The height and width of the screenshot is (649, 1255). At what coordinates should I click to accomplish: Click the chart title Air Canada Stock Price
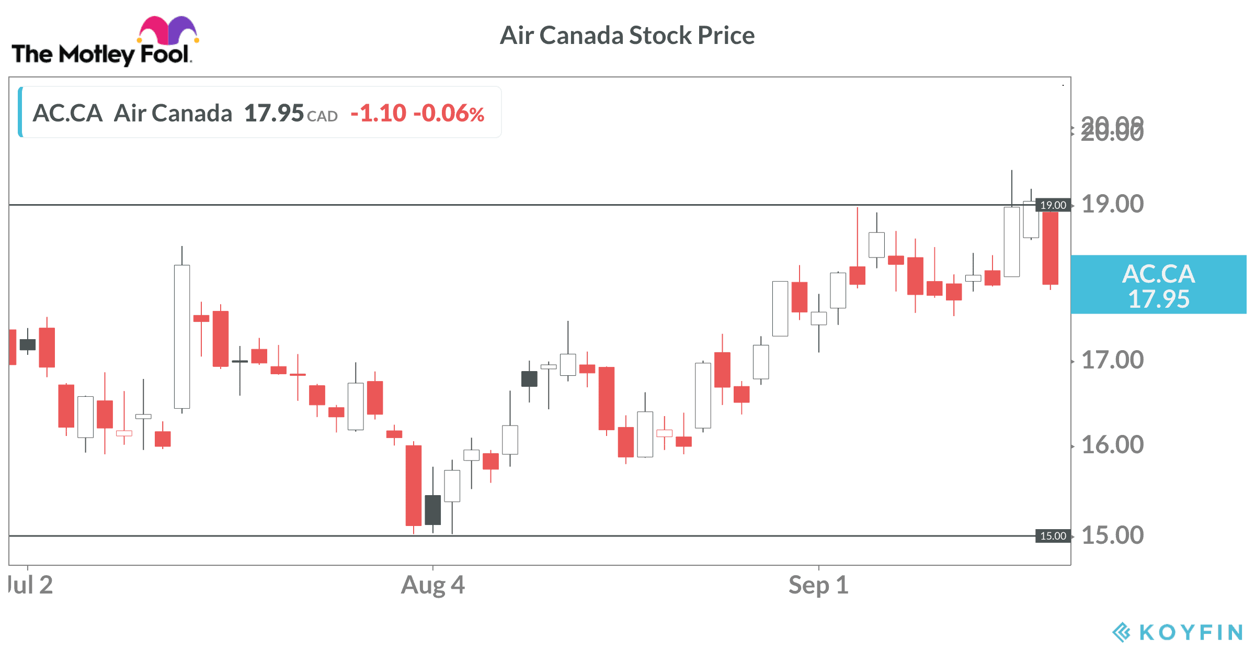(627, 36)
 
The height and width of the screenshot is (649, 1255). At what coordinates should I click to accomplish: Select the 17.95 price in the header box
(273, 113)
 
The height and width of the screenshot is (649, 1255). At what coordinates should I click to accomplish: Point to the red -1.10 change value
(378, 113)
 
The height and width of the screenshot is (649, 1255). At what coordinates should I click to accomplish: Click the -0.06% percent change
(449, 113)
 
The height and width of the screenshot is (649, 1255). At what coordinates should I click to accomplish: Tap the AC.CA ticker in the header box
(67, 113)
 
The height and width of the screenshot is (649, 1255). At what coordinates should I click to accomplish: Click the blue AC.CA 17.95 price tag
(1158, 285)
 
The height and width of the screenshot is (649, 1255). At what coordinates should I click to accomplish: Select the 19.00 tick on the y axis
(1112, 204)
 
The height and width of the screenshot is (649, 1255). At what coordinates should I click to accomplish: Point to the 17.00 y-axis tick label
(1112, 360)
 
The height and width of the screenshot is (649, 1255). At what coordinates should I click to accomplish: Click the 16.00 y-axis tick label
(1112, 445)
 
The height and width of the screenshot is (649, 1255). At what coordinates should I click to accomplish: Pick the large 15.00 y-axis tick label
(1112, 535)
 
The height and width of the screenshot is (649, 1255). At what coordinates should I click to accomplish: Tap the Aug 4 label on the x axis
(432, 585)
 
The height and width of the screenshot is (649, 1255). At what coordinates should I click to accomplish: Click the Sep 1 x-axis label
(818, 585)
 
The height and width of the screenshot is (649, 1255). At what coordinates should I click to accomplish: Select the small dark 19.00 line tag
(1053, 205)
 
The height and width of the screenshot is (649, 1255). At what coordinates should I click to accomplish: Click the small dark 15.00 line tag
(1053, 536)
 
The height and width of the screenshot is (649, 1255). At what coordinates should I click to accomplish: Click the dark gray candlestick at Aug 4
(432, 510)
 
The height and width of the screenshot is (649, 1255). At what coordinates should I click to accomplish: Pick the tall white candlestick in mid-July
(182, 337)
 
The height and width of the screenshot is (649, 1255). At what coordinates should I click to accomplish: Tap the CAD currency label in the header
(322, 116)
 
